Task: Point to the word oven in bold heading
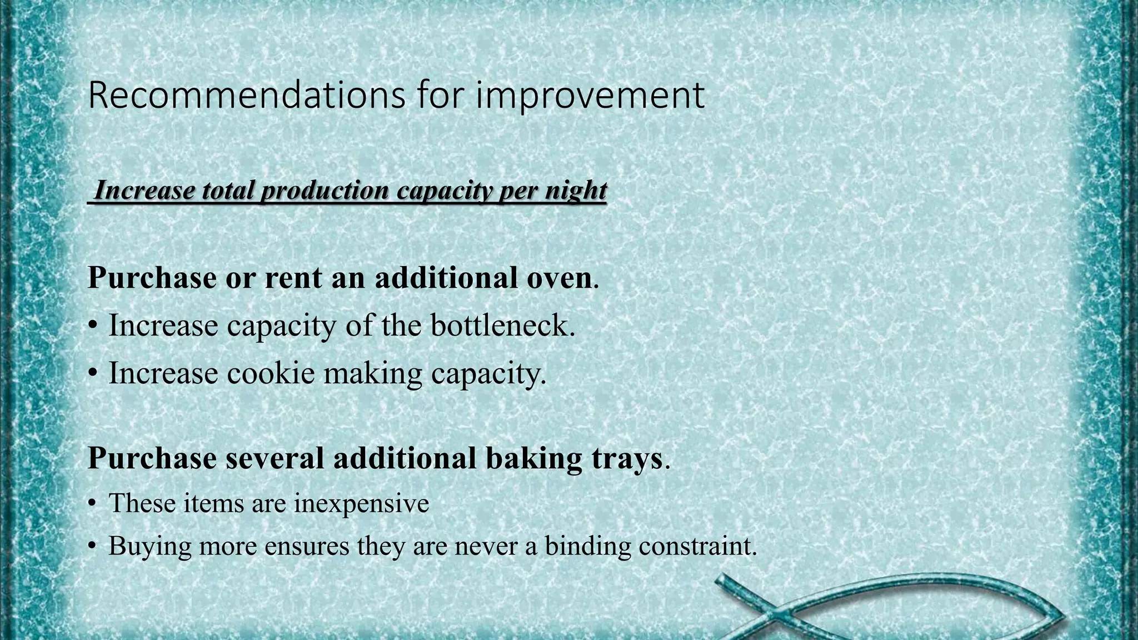pyautogui.click(x=559, y=278)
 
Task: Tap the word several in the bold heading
pyautogui.click(x=274, y=459)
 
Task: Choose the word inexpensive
pyautogui.click(x=361, y=504)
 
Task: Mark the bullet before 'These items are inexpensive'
pyautogui.click(x=92, y=504)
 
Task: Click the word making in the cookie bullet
pyautogui.click(x=372, y=374)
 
